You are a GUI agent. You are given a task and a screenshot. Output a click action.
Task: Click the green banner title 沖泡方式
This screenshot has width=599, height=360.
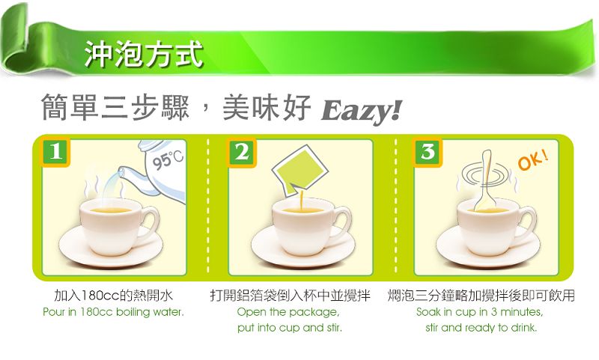tap(143, 54)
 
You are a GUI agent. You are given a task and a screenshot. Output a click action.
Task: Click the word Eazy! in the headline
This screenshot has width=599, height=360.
tap(362, 111)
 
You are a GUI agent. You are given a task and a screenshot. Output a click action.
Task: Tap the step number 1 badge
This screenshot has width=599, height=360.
tap(55, 151)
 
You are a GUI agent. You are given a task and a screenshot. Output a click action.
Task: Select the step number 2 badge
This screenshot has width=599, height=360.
tap(242, 153)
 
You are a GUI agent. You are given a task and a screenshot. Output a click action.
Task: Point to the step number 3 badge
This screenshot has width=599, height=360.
tap(428, 153)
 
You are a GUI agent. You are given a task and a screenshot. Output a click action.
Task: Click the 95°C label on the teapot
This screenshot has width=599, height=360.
tap(168, 159)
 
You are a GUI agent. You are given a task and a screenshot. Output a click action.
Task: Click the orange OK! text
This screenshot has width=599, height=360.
tap(533, 160)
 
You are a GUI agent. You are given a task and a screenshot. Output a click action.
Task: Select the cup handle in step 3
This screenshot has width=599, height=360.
tap(529, 222)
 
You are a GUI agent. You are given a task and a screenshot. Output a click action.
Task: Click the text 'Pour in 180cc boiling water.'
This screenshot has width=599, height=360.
tap(114, 312)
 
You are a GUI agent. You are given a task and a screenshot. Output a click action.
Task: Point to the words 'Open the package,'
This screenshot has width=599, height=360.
tap(288, 312)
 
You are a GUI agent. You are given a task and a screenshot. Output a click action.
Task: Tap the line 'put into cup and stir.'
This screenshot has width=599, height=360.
tap(290, 328)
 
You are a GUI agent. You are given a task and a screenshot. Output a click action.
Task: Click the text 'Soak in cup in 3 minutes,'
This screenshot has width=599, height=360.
tap(479, 312)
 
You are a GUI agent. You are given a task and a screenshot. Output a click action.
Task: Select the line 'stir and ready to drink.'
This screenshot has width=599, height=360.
tap(481, 328)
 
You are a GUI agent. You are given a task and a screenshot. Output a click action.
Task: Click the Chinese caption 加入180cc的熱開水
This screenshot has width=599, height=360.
tap(114, 296)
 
